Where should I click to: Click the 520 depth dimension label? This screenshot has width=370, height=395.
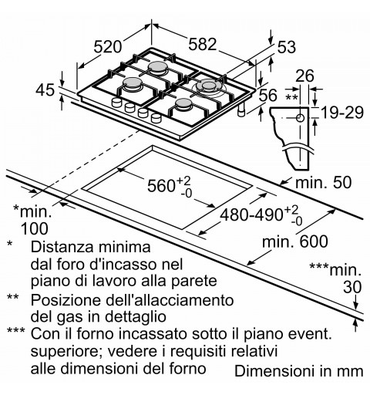click(x=107, y=47)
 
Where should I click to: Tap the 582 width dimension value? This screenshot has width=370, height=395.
click(x=203, y=44)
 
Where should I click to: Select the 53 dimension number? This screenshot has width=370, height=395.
click(x=287, y=47)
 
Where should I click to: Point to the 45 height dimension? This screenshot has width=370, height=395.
click(x=45, y=90)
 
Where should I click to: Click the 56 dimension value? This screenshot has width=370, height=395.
click(x=267, y=95)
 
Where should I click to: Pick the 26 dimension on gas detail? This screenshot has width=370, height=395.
click(x=304, y=76)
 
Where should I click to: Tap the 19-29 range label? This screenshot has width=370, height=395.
click(x=342, y=113)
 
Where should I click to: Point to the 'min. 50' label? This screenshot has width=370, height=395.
click(x=323, y=183)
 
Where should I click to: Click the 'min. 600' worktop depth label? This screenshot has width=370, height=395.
click(x=295, y=241)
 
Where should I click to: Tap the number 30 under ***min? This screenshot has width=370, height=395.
click(x=352, y=287)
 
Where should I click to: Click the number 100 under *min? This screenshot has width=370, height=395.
click(x=35, y=228)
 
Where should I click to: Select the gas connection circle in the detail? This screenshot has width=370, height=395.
click(x=301, y=118)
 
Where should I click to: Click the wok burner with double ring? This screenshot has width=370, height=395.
click(x=209, y=87)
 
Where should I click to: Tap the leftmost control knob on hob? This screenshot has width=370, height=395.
click(x=116, y=103)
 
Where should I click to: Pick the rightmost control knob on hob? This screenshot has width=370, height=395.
click(x=156, y=118)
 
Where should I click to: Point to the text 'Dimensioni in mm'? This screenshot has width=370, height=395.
click(x=299, y=371)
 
